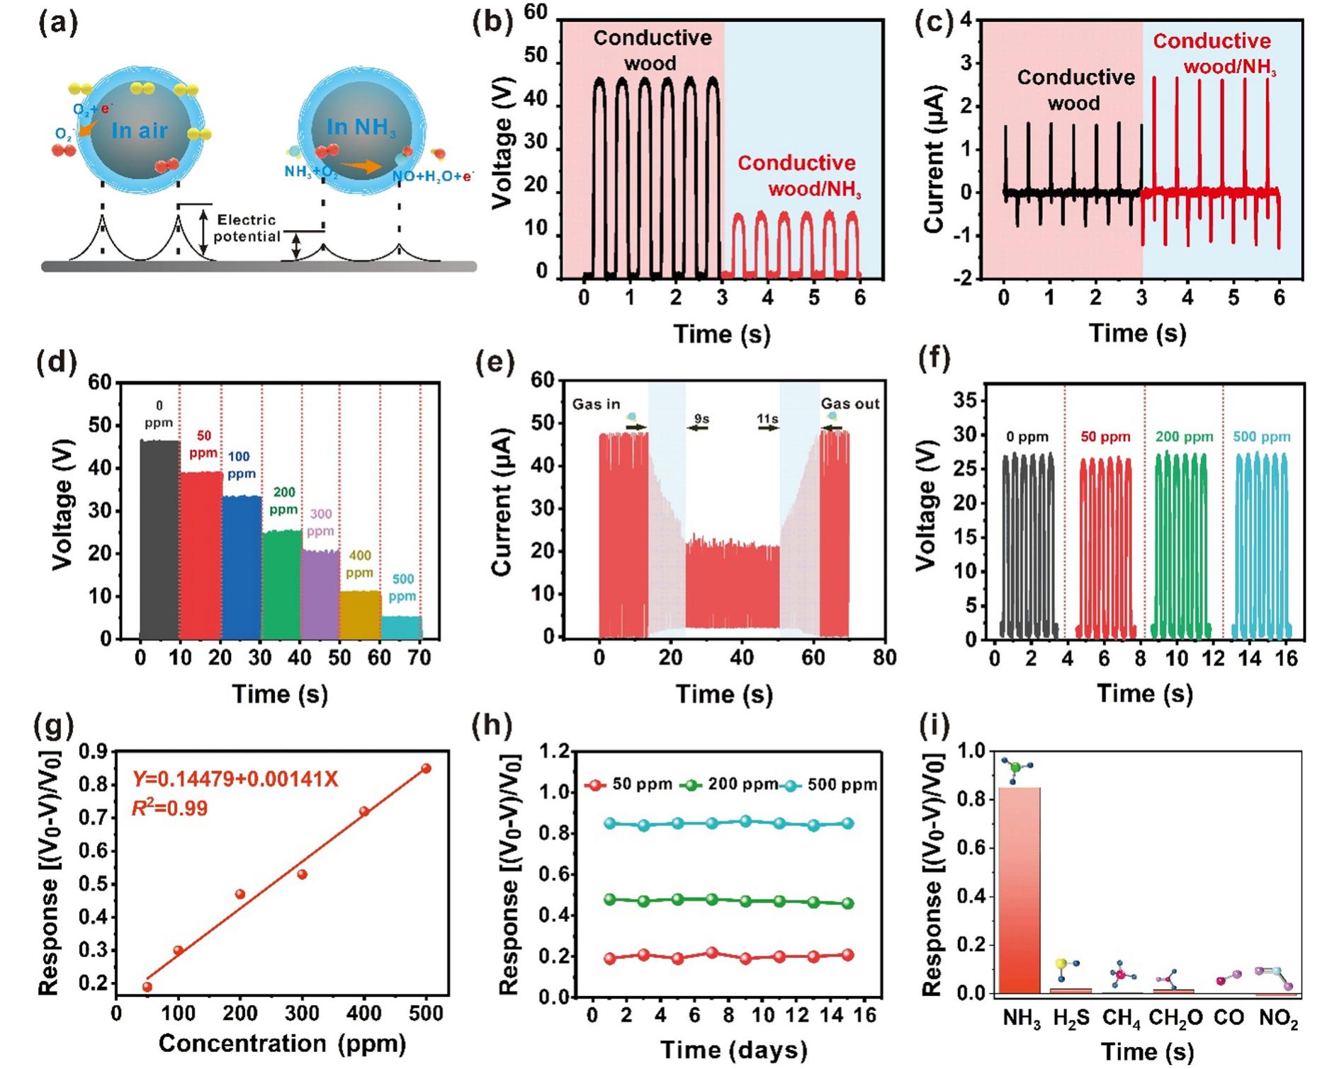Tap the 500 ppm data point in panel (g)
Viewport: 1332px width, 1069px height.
click(x=427, y=768)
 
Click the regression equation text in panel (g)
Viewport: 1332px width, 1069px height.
click(x=235, y=779)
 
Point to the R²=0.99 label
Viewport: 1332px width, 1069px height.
click(x=170, y=808)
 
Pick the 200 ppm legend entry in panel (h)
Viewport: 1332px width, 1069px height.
click(x=728, y=784)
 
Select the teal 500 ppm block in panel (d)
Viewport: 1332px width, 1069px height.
click(x=402, y=627)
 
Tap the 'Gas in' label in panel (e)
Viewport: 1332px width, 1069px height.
click(x=596, y=404)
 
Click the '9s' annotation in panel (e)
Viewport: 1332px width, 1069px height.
click(x=701, y=419)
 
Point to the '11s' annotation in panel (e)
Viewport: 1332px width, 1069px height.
click(x=767, y=419)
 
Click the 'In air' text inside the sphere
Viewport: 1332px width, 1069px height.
click(x=140, y=131)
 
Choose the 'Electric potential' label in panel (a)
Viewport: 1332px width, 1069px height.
click(x=247, y=228)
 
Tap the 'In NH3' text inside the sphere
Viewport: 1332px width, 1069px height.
click(x=361, y=127)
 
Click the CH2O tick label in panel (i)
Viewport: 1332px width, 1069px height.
click(x=1175, y=1019)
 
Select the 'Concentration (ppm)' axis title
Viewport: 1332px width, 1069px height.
click(x=282, y=1044)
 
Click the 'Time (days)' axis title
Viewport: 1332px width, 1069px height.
click(x=733, y=1050)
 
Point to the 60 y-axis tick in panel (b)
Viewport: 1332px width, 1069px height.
click(x=536, y=12)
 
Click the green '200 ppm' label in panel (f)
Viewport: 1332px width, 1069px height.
click(x=1184, y=437)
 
